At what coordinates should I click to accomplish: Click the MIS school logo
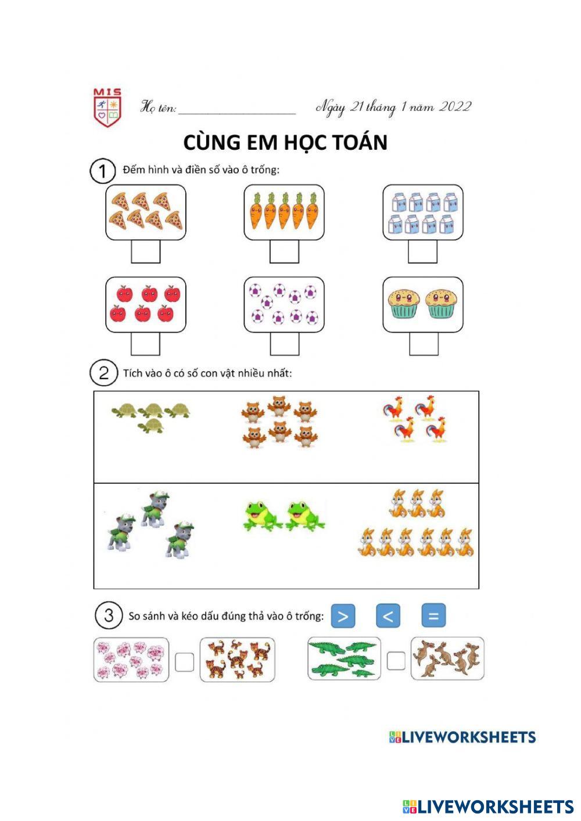pos(107,108)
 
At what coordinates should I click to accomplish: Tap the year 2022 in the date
pos(455,107)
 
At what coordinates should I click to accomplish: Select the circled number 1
pos(102,171)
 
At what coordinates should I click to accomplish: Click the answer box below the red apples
pos(145,344)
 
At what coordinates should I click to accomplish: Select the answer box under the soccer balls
pos(284,344)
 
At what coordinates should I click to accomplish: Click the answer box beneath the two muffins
pos(424,344)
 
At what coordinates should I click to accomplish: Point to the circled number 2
pos(103,373)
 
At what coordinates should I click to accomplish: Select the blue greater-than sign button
pos(343,616)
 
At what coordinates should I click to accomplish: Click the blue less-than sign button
pos(388,616)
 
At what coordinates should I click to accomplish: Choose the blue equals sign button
pos(433,616)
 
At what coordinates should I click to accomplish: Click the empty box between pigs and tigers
pos(184,662)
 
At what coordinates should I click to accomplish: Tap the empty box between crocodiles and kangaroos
pos(396,661)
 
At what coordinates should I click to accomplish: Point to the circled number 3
pos(109,615)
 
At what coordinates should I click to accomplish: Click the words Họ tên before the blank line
pos(158,108)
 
